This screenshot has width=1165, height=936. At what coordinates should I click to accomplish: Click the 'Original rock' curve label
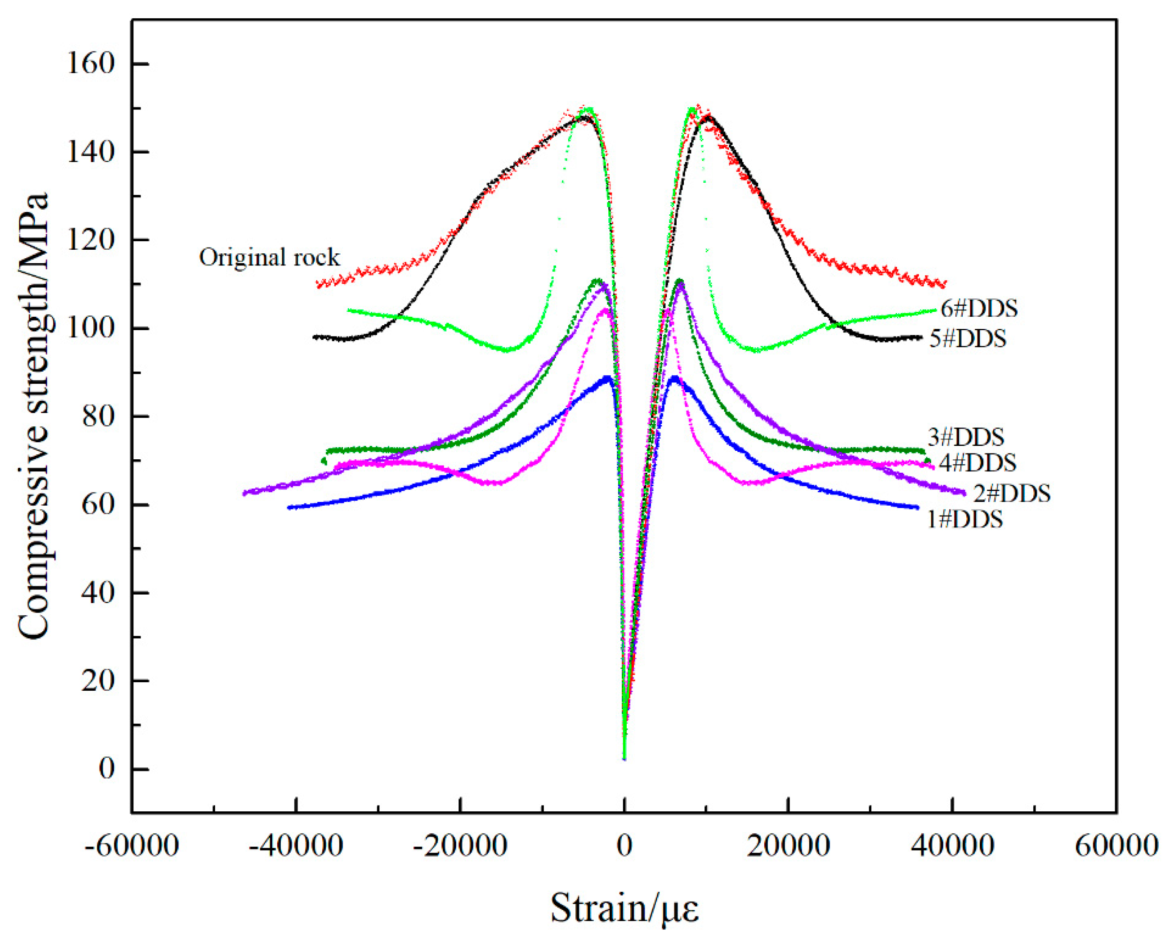(269, 257)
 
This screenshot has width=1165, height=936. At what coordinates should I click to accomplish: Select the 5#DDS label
(968, 339)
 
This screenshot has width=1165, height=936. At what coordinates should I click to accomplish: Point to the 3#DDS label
(965, 437)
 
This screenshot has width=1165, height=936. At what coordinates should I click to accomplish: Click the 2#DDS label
(1012, 493)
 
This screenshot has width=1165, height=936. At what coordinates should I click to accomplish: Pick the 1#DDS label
(965, 519)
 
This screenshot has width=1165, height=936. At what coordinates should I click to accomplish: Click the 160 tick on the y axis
(90, 64)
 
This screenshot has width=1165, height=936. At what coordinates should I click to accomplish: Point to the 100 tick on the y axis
(90, 328)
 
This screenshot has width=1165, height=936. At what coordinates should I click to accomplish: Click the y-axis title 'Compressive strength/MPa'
(33, 416)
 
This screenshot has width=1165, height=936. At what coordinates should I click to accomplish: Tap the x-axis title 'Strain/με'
(624, 907)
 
